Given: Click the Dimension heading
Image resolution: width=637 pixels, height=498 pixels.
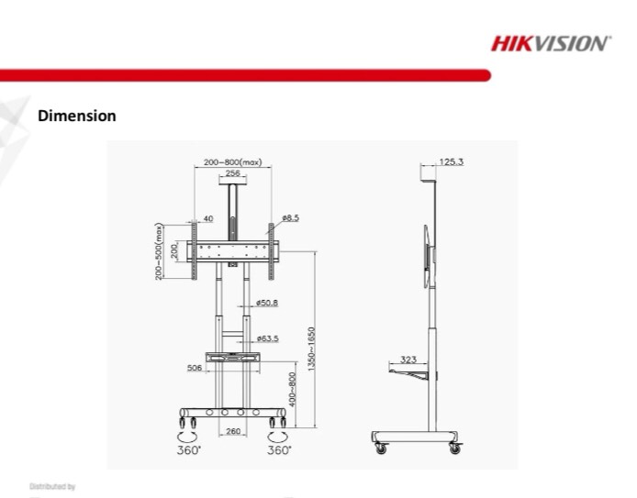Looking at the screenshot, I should click(x=76, y=116).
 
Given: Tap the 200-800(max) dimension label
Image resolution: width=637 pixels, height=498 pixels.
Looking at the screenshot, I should click(x=232, y=161).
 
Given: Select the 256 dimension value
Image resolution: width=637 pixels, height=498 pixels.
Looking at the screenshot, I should click(x=232, y=172).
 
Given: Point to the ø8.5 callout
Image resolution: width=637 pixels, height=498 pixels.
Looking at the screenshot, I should click(x=291, y=217).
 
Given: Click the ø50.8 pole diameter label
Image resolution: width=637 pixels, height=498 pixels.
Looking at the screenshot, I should click(x=267, y=302).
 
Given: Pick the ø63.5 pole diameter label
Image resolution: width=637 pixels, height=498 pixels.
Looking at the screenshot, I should click(x=267, y=338).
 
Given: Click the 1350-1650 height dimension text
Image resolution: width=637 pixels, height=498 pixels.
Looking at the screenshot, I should click(x=311, y=349).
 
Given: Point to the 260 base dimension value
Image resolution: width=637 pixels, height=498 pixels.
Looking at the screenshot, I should click(x=232, y=430).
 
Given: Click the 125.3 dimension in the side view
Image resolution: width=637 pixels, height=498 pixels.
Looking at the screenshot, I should click(x=451, y=161).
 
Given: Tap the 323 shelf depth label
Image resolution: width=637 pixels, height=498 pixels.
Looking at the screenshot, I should click(x=408, y=359).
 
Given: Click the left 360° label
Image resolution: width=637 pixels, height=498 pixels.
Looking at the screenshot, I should click(x=188, y=450).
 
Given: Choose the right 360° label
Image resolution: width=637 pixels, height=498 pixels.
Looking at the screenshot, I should click(x=279, y=450).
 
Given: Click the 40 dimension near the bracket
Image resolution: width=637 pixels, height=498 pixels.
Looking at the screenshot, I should click(x=207, y=218).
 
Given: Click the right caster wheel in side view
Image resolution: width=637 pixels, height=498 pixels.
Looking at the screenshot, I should click(x=454, y=448).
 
